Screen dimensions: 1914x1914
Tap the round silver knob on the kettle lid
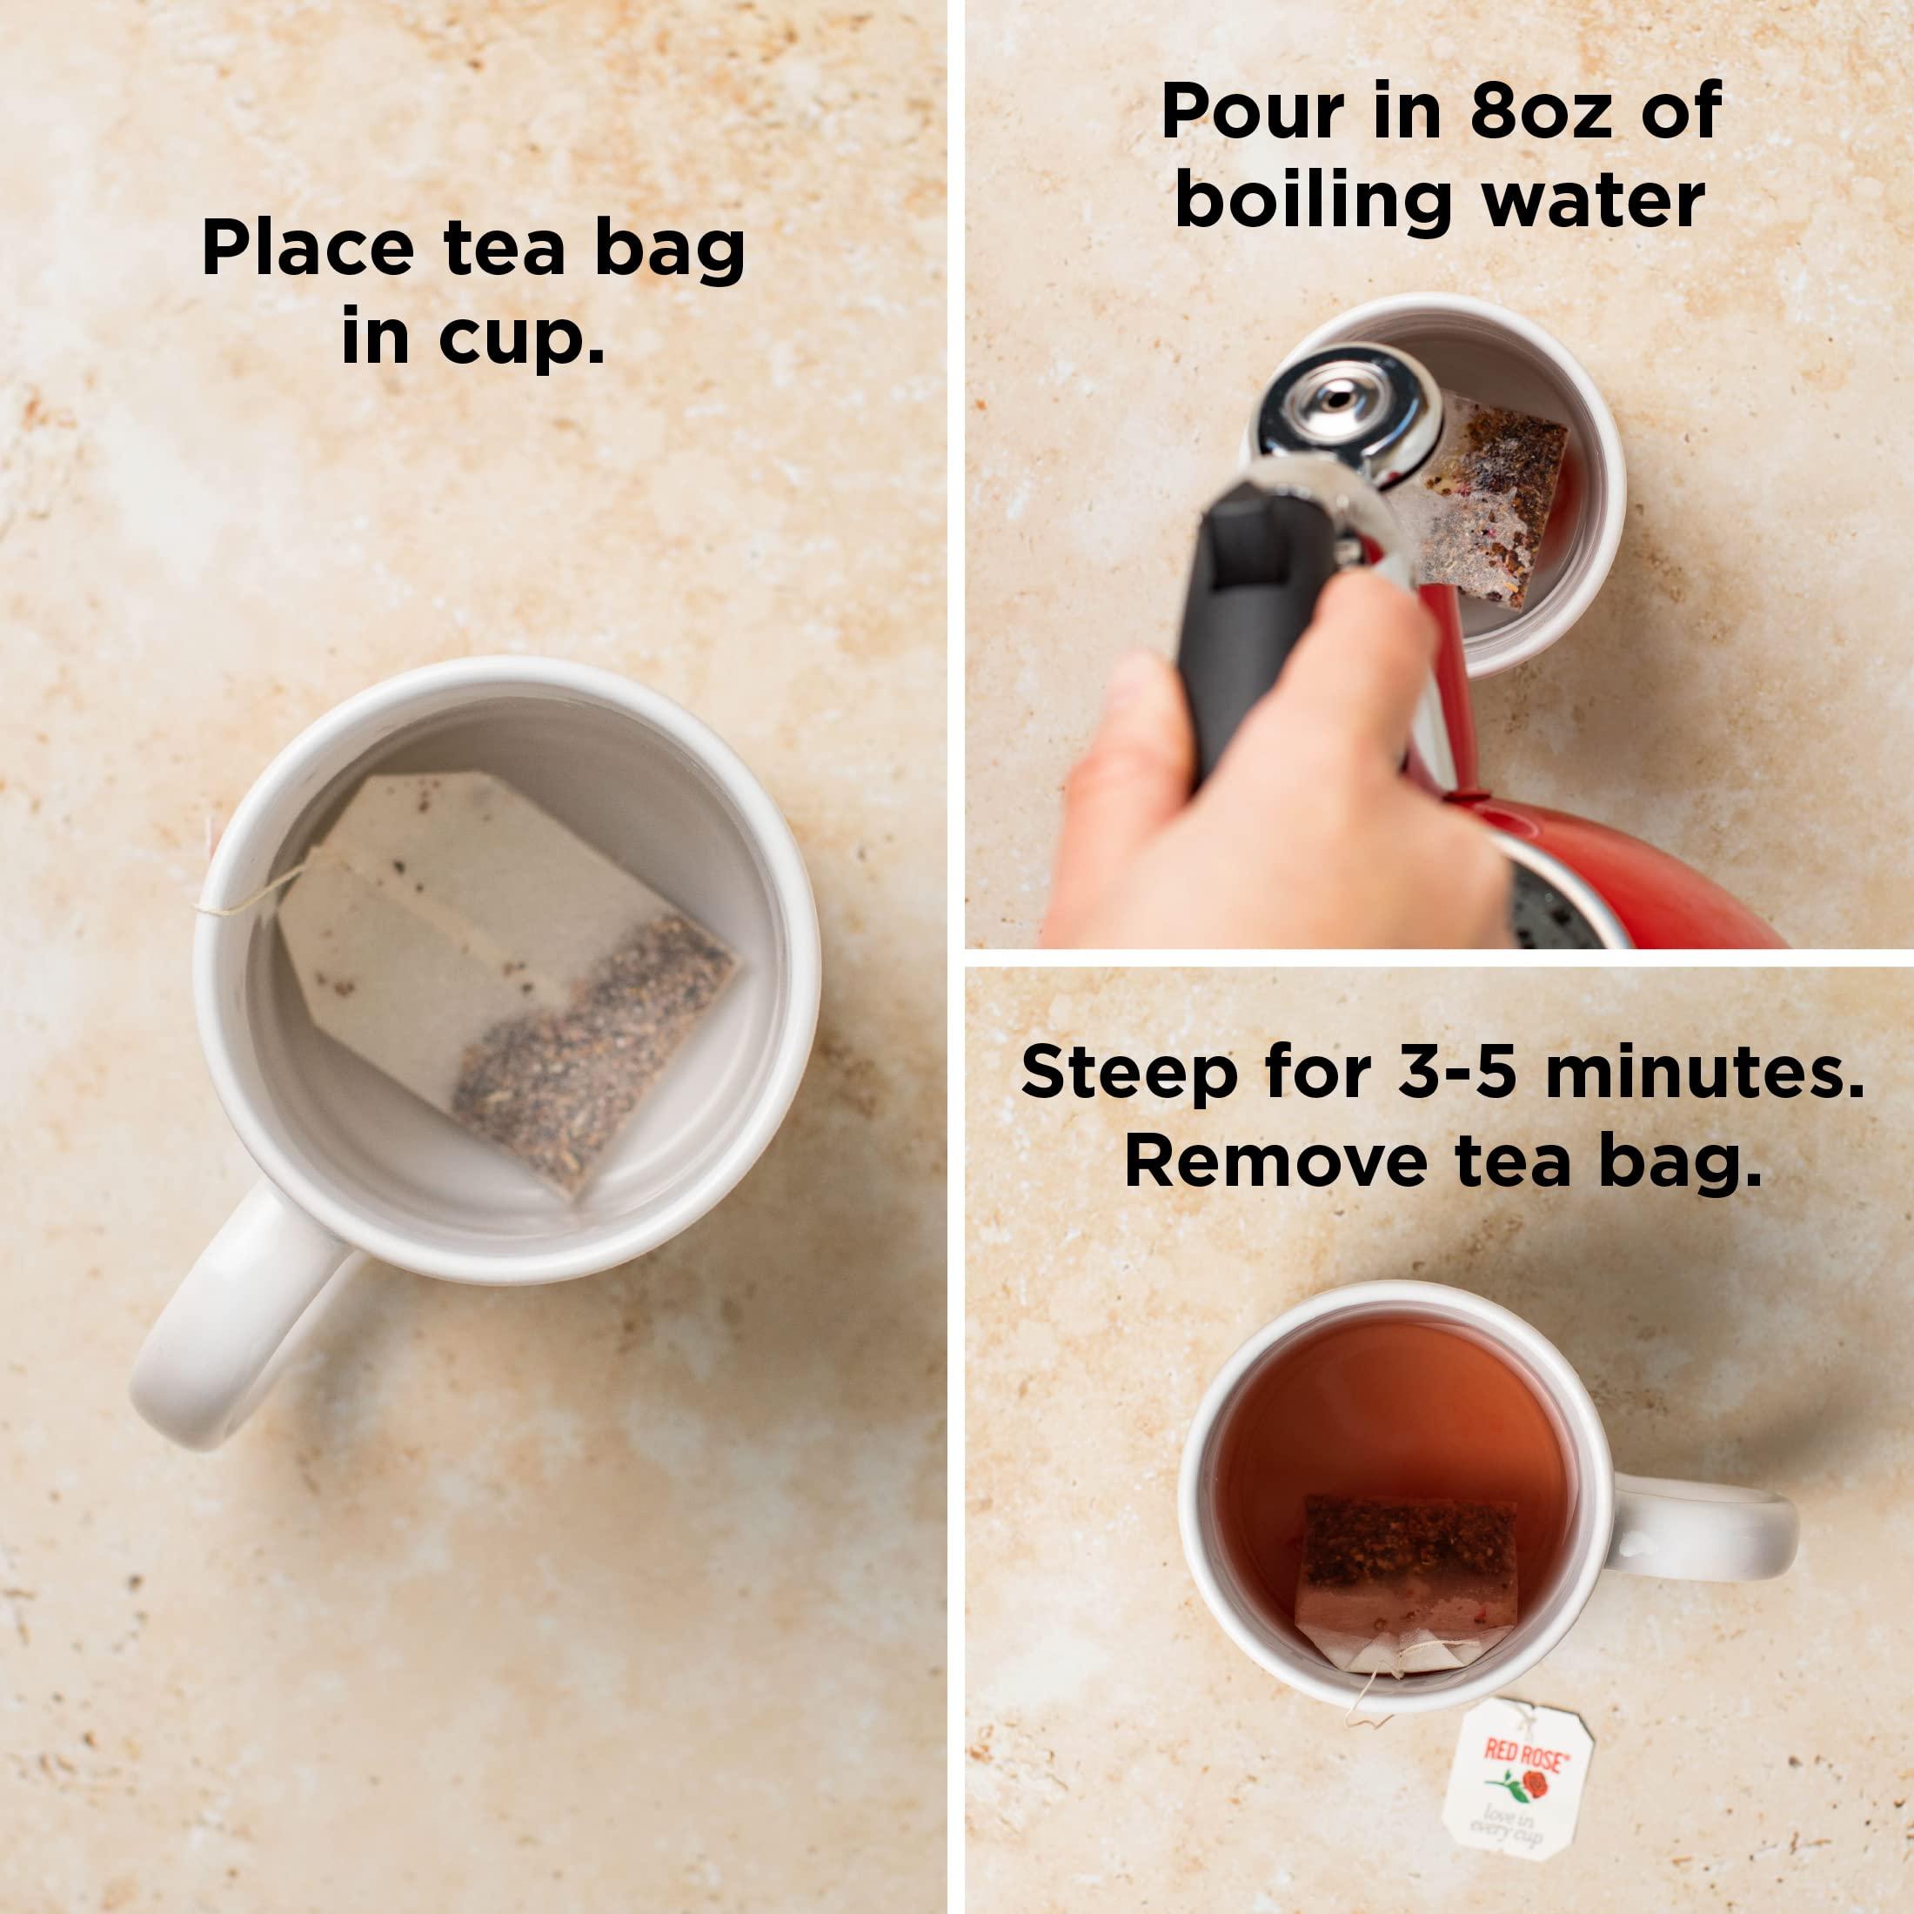click(1342, 396)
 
